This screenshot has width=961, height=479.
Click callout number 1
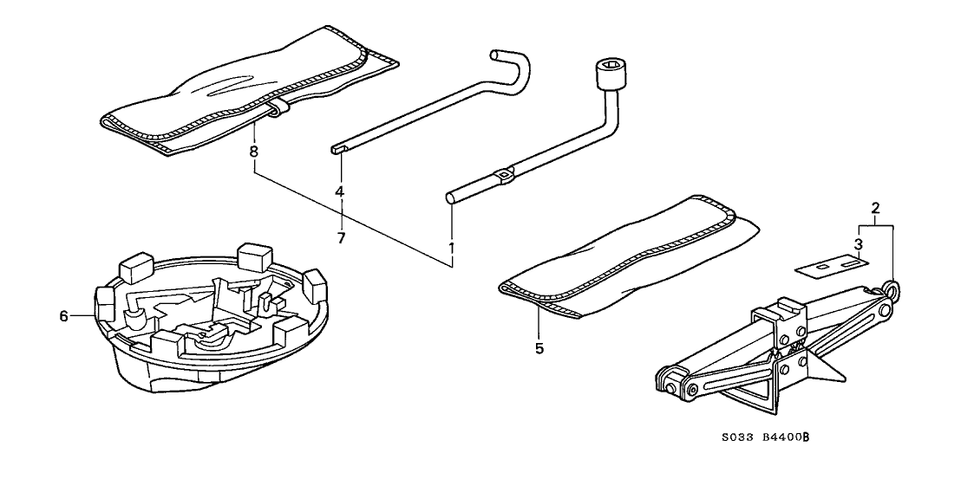[452, 247]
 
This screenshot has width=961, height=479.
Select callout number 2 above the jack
[875, 208]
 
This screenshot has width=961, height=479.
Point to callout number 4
[341, 191]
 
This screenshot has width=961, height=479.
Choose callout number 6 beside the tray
[62, 317]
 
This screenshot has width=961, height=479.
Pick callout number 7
[341, 236]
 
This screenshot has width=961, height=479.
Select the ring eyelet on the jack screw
[891, 288]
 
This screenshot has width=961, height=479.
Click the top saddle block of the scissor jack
[789, 308]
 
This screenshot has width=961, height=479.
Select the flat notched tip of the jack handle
[338, 148]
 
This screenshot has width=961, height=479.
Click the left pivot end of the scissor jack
[670, 382]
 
